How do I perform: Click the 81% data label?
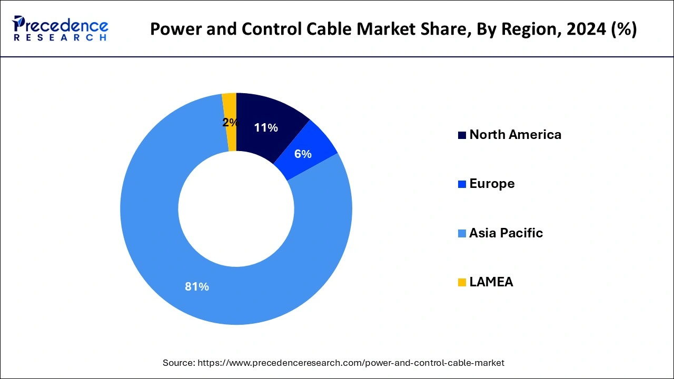197,287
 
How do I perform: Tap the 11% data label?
265,127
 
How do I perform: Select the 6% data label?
303,154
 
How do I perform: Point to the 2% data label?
230,123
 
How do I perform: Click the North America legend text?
515,135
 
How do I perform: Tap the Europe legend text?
492,184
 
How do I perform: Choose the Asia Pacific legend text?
506,233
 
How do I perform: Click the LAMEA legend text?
491,282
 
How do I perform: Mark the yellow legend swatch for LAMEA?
462,283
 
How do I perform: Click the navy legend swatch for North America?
462,135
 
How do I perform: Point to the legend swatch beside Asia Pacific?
462,234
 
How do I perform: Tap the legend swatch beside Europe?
462,184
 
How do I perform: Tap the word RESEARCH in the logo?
60,38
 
